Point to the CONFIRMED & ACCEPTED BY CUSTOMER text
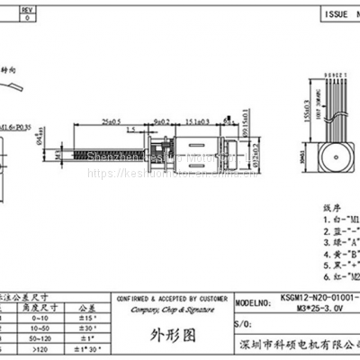pos(170,297)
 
